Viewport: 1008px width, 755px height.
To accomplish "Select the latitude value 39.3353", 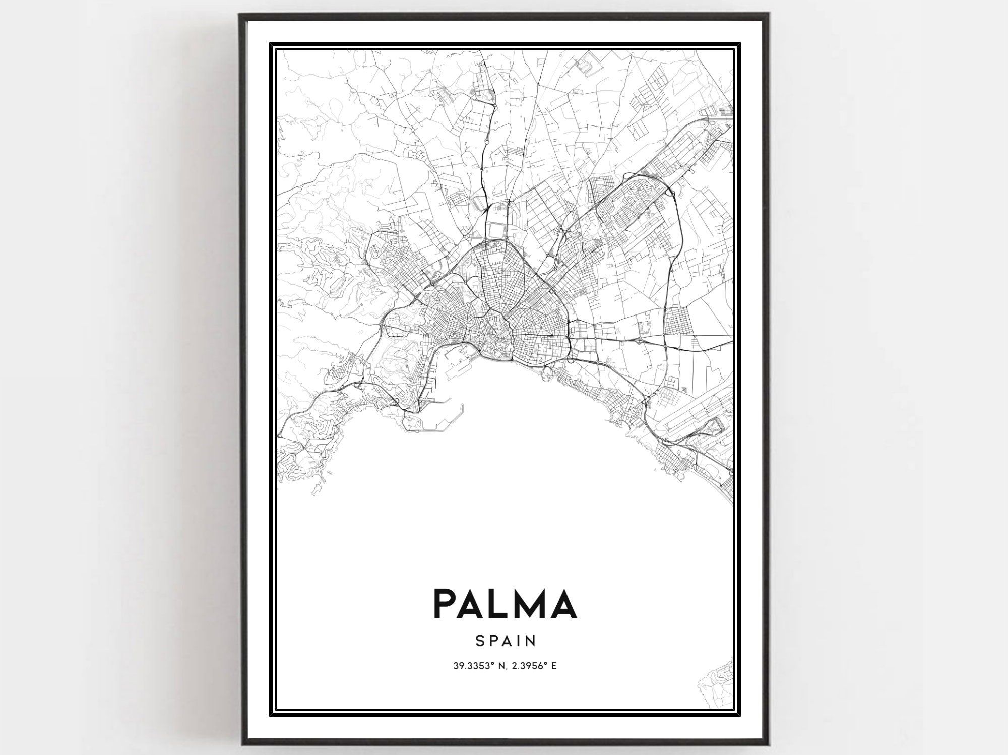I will (468, 666).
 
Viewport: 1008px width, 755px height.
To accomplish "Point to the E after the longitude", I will (554, 666).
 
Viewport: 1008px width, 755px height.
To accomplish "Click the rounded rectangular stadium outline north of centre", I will (496, 230).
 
